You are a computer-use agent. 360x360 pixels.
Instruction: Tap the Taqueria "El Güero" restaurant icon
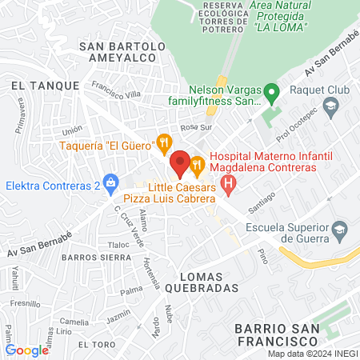(x=164, y=143)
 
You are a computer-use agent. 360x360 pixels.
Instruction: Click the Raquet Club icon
(x=330, y=107)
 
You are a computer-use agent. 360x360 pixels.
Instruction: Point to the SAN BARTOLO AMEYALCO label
(x=122, y=53)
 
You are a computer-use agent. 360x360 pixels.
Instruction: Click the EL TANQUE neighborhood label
(x=39, y=84)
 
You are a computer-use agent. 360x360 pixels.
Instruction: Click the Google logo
(x=27, y=350)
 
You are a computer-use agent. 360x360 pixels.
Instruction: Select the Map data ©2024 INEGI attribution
(x=312, y=354)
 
